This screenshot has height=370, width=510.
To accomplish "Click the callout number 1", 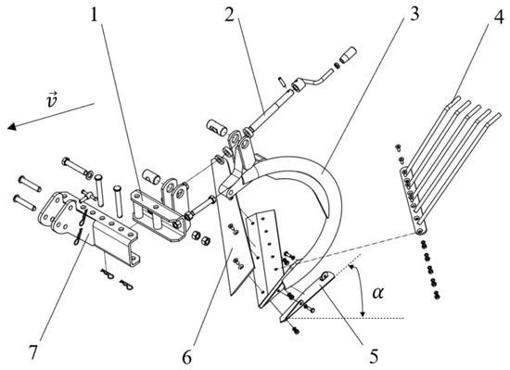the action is point(94,16).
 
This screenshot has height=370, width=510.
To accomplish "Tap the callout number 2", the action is point(230,15).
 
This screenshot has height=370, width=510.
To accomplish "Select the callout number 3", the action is point(414,14).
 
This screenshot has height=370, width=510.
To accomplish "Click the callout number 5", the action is point(374,355).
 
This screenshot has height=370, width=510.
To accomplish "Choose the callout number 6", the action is point(186,357).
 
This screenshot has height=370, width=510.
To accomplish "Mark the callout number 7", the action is point(32,352).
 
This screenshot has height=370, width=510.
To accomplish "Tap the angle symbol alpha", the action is point(378,293).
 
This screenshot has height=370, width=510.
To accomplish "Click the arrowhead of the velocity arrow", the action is point(12,126).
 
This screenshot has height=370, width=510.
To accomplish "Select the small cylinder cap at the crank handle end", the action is point(348,55).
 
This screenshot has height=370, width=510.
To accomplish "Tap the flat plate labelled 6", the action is point(232,227).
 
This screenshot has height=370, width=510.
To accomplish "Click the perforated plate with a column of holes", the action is point(264,257).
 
